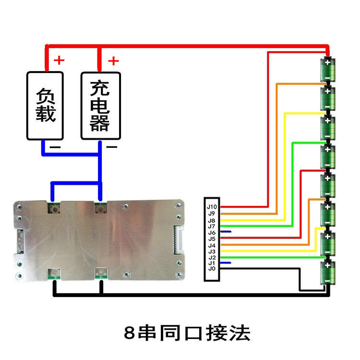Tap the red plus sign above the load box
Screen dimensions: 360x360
(59, 60)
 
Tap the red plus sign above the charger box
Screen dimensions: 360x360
(113, 60)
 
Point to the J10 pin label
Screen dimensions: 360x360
(212, 207)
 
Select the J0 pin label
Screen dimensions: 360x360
(212, 269)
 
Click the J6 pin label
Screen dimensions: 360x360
(212, 232)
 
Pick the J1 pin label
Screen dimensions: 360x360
(212, 263)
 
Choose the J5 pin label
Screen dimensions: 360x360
(212, 239)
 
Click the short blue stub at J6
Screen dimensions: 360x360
(227, 232)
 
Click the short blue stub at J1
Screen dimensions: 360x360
(227, 263)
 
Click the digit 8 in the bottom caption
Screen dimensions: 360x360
(129, 332)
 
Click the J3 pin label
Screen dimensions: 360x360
(212, 251)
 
